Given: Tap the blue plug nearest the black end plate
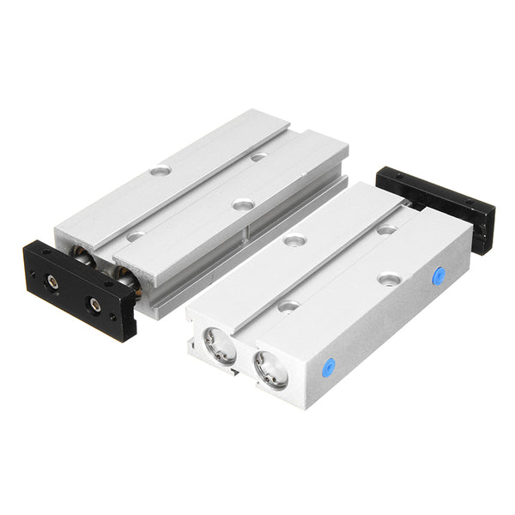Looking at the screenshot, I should tap(439, 276).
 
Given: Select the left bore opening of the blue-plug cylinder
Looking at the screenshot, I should tap(219, 345).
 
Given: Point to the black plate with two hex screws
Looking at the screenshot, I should tap(79, 289).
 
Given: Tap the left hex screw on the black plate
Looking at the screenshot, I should tap(53, 281).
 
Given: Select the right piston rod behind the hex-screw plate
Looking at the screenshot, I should tap(125, 276).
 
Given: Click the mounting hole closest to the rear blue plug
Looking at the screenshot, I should tap(389, 279).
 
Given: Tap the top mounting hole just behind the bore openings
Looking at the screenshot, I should tap(288, 305).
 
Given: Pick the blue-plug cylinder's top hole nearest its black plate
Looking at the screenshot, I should tap(386, 229).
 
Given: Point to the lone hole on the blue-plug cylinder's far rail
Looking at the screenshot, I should tap(294, 240).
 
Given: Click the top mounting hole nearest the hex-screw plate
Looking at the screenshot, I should tap(136, 236).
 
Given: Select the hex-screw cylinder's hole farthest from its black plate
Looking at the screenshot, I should tap(258, 157).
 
